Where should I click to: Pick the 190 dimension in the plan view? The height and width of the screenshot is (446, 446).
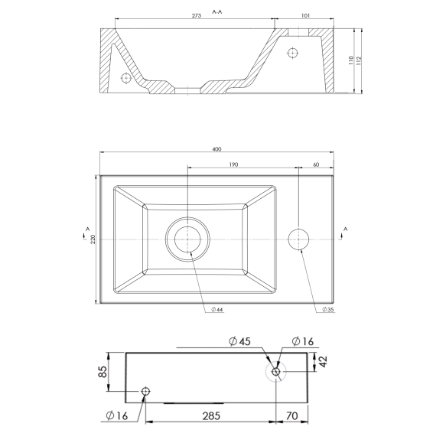[x=233, y=164]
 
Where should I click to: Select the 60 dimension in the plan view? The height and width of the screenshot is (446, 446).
[x=316, y=164]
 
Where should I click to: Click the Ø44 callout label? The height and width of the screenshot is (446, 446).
[x=218, y=310]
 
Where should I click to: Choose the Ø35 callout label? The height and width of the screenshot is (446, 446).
[x=327, y=310]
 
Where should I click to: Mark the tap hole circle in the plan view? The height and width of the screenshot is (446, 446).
[x=298, y=239]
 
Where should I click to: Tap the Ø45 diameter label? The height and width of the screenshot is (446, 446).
[x=239, y=341]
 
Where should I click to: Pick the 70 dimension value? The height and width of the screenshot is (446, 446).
[x=291, y=417]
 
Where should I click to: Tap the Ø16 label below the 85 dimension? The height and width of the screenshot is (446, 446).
[x=118, y=417]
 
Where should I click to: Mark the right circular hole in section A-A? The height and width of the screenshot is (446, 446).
[x=291, y=52]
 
